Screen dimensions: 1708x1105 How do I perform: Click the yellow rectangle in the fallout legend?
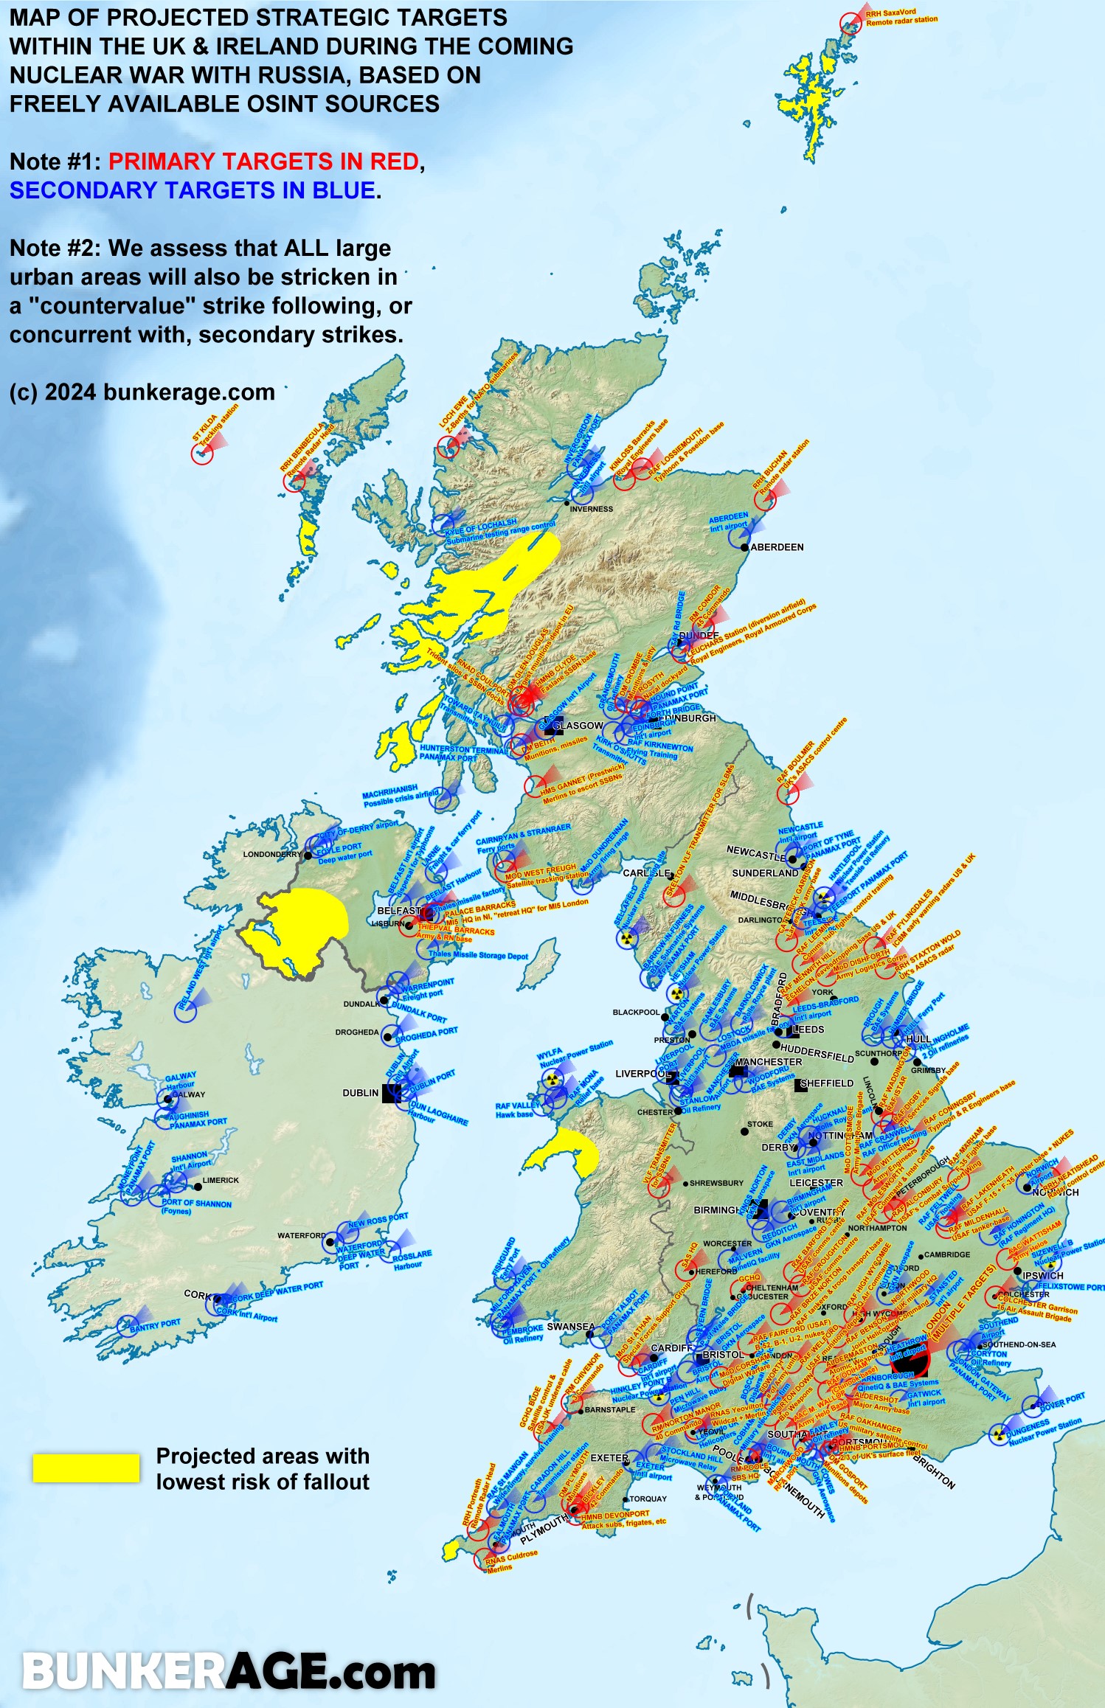[86, 1468]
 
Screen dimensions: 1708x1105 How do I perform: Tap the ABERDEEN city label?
[776, 547]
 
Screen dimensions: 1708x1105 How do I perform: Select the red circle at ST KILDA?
[202, 454]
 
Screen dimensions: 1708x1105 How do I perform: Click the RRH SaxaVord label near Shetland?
[901, 18]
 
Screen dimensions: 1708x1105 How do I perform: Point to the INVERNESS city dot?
[567, 503]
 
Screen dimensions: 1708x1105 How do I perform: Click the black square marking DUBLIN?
[391, 1093]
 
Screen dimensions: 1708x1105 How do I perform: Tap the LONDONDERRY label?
[272, 854]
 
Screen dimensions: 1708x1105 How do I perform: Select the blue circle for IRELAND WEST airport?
[185, 1011]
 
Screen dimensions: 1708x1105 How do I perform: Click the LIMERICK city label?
[221, 1180]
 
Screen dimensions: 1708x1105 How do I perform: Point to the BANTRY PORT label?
[155, 1324]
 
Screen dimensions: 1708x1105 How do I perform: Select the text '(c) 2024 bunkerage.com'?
[142, 392]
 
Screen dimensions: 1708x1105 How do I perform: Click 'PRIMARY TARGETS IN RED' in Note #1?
[263, 162]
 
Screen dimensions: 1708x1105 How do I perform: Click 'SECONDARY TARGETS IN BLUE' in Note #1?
[192, 190]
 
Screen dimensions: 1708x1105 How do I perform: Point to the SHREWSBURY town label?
[716, 1183]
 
